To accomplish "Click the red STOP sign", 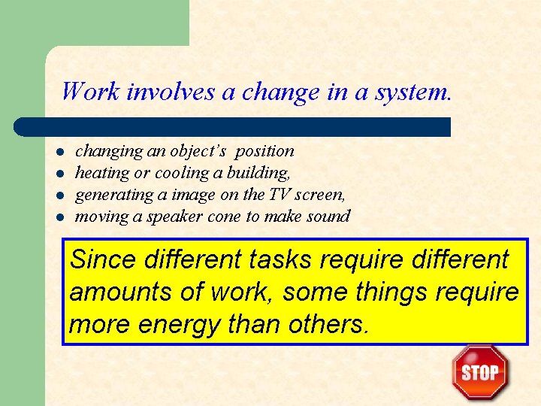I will click(x=480, y=372).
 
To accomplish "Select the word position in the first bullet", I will click(x=264, y=151).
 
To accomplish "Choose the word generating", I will click(x=110, y=195).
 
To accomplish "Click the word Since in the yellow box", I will click(x=102, y=260).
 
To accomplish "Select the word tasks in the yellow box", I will click(x=278, y=260).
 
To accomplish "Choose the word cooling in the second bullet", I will click(x=176, y=173).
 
